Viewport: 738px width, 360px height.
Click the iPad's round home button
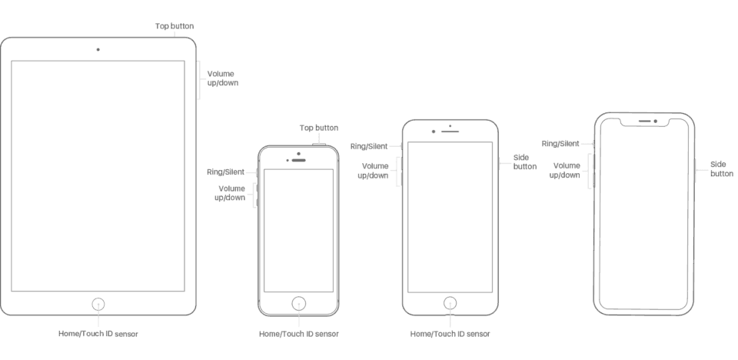(x=98, y=304)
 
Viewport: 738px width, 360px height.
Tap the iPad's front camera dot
(x=98, y=49)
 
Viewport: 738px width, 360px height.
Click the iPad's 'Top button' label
(x=174, y=25)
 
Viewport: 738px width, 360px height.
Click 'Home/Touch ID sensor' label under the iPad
(x=98, y=334)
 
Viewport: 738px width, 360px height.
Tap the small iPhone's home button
(x=298, y=302)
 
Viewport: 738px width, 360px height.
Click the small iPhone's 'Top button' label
(x=318, y=128)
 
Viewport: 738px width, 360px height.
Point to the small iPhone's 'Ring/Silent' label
(x=225, y=172)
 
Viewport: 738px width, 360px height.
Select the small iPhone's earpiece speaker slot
(x=299, y=160)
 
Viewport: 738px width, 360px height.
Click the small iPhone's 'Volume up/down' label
(x=231, y=193)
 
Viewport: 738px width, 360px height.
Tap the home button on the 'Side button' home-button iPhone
(x=450, y=302)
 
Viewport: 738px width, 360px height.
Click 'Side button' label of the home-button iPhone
(x=525, y=162)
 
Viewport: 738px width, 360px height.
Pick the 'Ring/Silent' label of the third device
(x=368, y=146)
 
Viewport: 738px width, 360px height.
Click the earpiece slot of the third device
(x=450, y=131)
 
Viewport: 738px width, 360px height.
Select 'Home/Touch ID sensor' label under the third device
(x=450, y=334)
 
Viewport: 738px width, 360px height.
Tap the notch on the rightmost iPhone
(x=644, y=122)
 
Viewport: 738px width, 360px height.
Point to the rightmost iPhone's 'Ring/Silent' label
(x=560, y=143)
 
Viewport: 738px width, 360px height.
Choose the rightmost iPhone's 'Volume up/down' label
(x=565, y=170)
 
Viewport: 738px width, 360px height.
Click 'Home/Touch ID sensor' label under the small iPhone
(x=298, y=334)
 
